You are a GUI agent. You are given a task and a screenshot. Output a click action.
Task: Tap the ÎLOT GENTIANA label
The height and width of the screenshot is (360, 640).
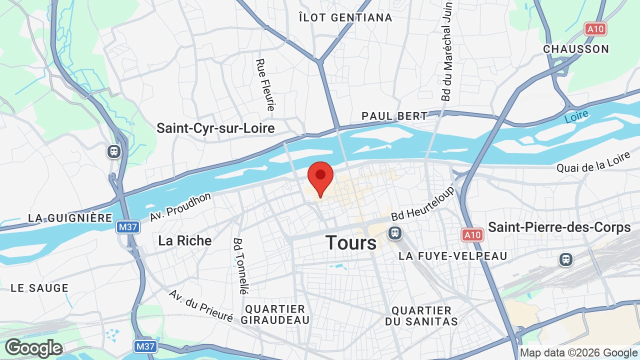345,18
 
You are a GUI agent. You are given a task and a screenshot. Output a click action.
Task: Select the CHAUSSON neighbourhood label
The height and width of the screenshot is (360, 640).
576,49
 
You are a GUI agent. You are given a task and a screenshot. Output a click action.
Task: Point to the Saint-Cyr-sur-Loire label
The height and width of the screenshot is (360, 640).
215,128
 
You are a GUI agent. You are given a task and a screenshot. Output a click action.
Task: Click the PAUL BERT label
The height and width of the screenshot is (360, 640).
395,116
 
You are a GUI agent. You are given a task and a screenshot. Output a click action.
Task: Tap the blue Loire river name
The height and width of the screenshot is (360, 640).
576,117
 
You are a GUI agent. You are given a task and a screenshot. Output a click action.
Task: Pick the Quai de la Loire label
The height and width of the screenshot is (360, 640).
594,162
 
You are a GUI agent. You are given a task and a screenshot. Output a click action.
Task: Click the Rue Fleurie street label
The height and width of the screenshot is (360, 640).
265,85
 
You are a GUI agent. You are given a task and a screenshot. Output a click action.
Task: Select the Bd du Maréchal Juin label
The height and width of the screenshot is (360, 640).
447,51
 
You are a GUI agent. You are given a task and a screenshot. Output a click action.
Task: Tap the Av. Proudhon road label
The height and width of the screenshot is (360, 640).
180,207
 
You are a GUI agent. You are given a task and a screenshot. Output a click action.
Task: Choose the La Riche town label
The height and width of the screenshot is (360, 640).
185,240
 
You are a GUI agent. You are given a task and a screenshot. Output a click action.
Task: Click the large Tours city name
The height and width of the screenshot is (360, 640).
351,243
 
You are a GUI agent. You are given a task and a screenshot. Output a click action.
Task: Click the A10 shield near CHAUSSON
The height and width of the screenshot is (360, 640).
595,29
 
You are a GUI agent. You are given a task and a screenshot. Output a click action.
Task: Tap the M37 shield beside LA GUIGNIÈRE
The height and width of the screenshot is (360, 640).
128,227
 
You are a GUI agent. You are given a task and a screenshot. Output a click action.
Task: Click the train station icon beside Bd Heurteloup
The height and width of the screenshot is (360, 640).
395,233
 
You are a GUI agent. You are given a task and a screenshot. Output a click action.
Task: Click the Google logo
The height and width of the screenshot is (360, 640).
33,348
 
